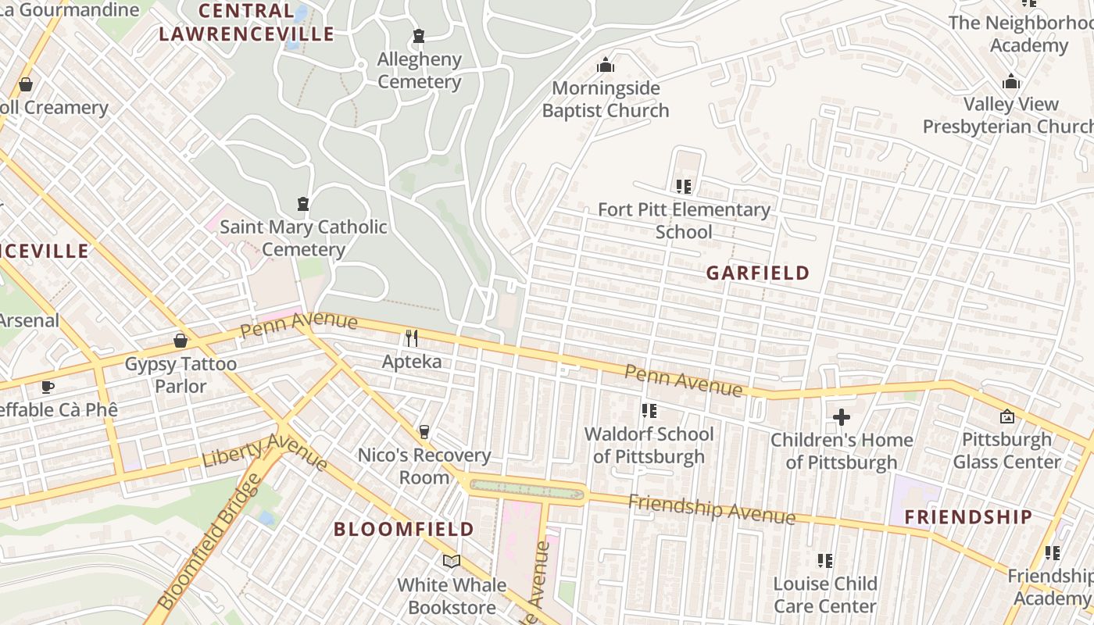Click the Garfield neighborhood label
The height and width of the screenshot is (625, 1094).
pos(758,273)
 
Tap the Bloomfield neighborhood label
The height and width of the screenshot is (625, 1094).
pos(404,529)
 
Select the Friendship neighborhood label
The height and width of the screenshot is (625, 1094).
pos(968,516)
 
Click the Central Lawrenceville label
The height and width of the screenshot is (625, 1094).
pos(246,23)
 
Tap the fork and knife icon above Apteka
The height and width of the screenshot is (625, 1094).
pos(411,338)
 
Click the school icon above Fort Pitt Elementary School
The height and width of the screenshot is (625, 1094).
pos(684,187)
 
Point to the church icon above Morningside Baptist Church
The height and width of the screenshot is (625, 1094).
pos(606,65)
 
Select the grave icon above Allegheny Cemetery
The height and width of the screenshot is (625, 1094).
pos(419,36)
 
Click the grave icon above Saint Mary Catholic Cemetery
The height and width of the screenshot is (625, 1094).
pos(303,204)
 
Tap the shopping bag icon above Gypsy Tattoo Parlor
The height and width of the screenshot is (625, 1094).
pos(181,341)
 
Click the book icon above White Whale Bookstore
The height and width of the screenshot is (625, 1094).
pos(452,561)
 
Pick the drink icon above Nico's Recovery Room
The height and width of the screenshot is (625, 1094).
pos(424,432)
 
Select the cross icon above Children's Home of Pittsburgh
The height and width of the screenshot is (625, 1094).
pos(842,417)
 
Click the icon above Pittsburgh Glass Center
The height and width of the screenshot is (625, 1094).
pos(1006,416)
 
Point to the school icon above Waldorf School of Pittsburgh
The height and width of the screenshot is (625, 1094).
pos(649,411)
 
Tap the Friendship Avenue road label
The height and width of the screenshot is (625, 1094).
pos(712,509)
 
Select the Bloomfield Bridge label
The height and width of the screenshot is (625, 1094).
pos(209,541)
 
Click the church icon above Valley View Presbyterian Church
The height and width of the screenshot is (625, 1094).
pos(1011,81)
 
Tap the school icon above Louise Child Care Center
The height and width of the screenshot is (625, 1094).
pos(824,560)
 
